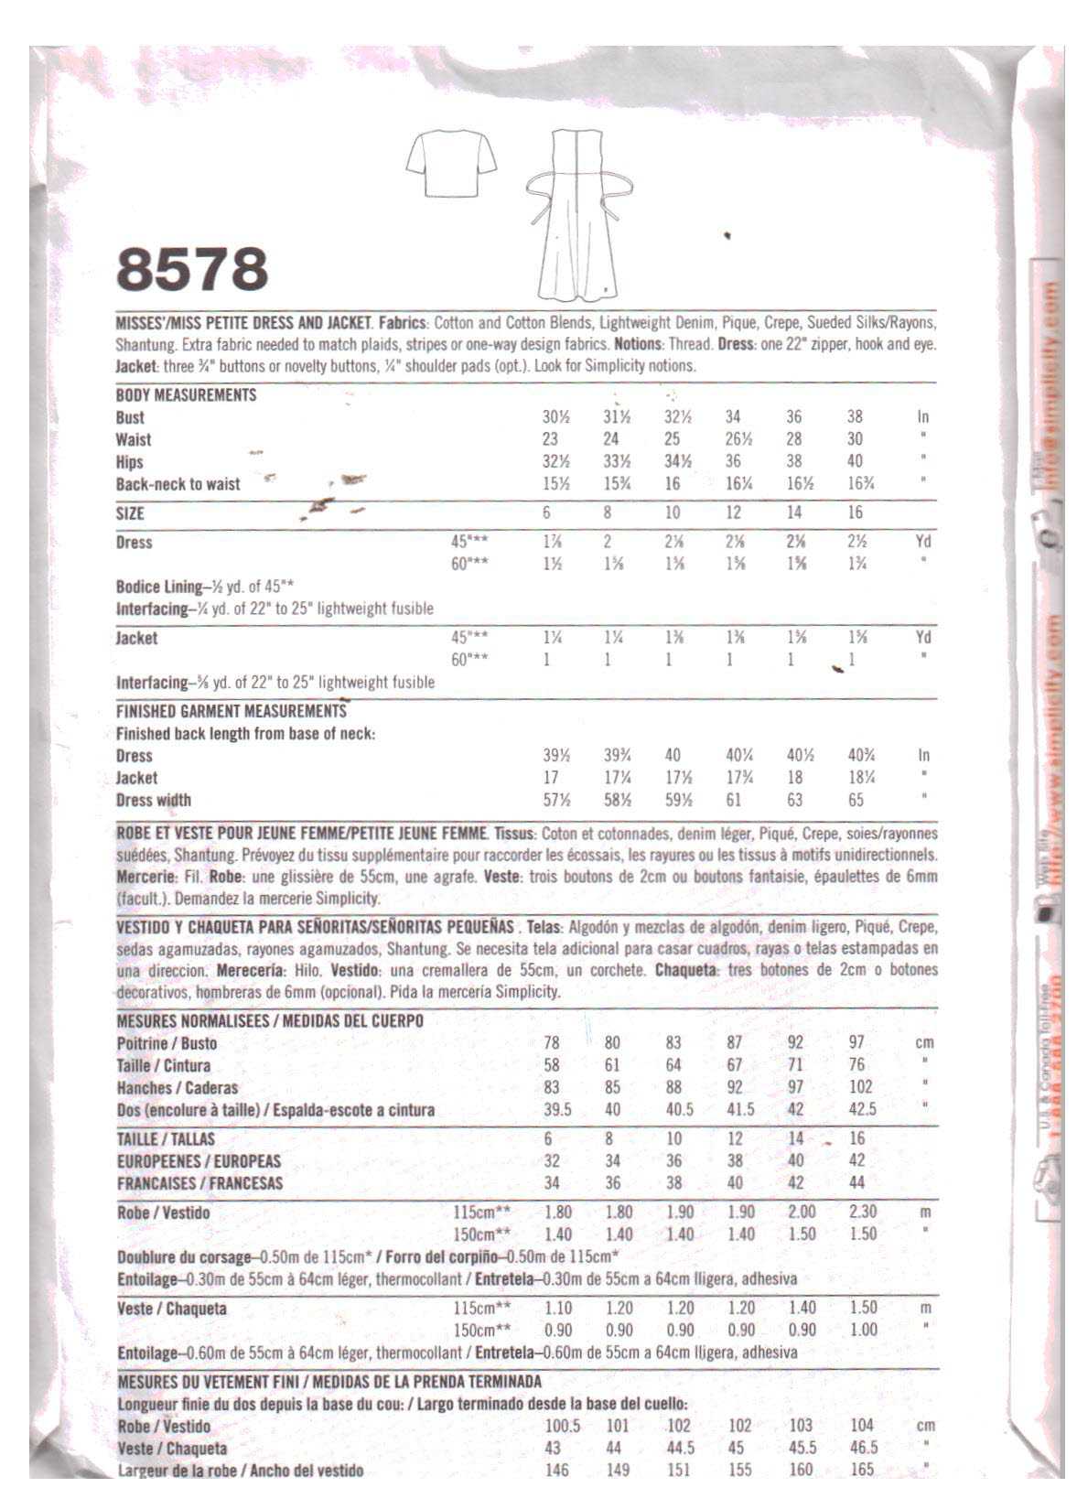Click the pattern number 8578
[192, 270]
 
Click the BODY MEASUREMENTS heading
[186, 395]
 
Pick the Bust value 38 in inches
[855, 417]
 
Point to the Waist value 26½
[733, 439]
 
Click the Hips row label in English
[130, 462]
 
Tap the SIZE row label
[130, 513]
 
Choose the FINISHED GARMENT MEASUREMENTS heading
[232, 711]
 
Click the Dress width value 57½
[555, 801]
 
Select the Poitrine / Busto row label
[167, 1043]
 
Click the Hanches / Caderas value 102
[861, 1087]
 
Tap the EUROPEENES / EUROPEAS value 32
[552, 1161]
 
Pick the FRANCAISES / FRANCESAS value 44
[857, 1183]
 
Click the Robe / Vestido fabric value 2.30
[863, 1213]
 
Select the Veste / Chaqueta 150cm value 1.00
[863, 1331]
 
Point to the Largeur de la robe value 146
[556, 1471]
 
